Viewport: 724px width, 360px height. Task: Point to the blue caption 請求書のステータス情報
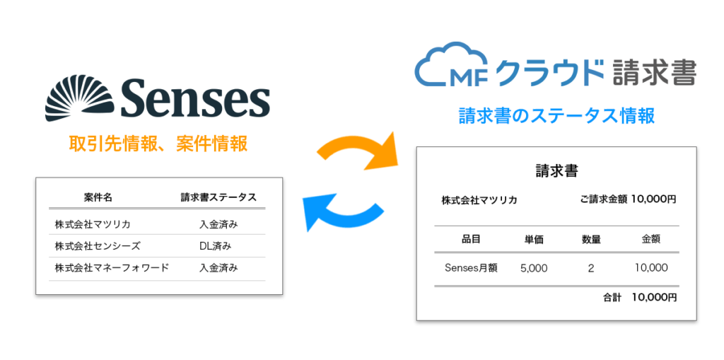pos(556,115)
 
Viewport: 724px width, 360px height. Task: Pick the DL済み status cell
pos(216,246)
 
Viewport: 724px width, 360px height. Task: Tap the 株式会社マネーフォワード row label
pos(112,268)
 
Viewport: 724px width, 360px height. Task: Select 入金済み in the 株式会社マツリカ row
pos(218,225)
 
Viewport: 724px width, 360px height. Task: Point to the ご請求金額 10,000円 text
pos(628,199)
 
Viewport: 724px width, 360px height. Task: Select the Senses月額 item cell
pos(471,268)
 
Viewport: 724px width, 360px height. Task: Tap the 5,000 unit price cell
pos(534,268)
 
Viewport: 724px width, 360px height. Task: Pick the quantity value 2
pos(590,268)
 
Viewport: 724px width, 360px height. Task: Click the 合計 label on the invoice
pos(612,298)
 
